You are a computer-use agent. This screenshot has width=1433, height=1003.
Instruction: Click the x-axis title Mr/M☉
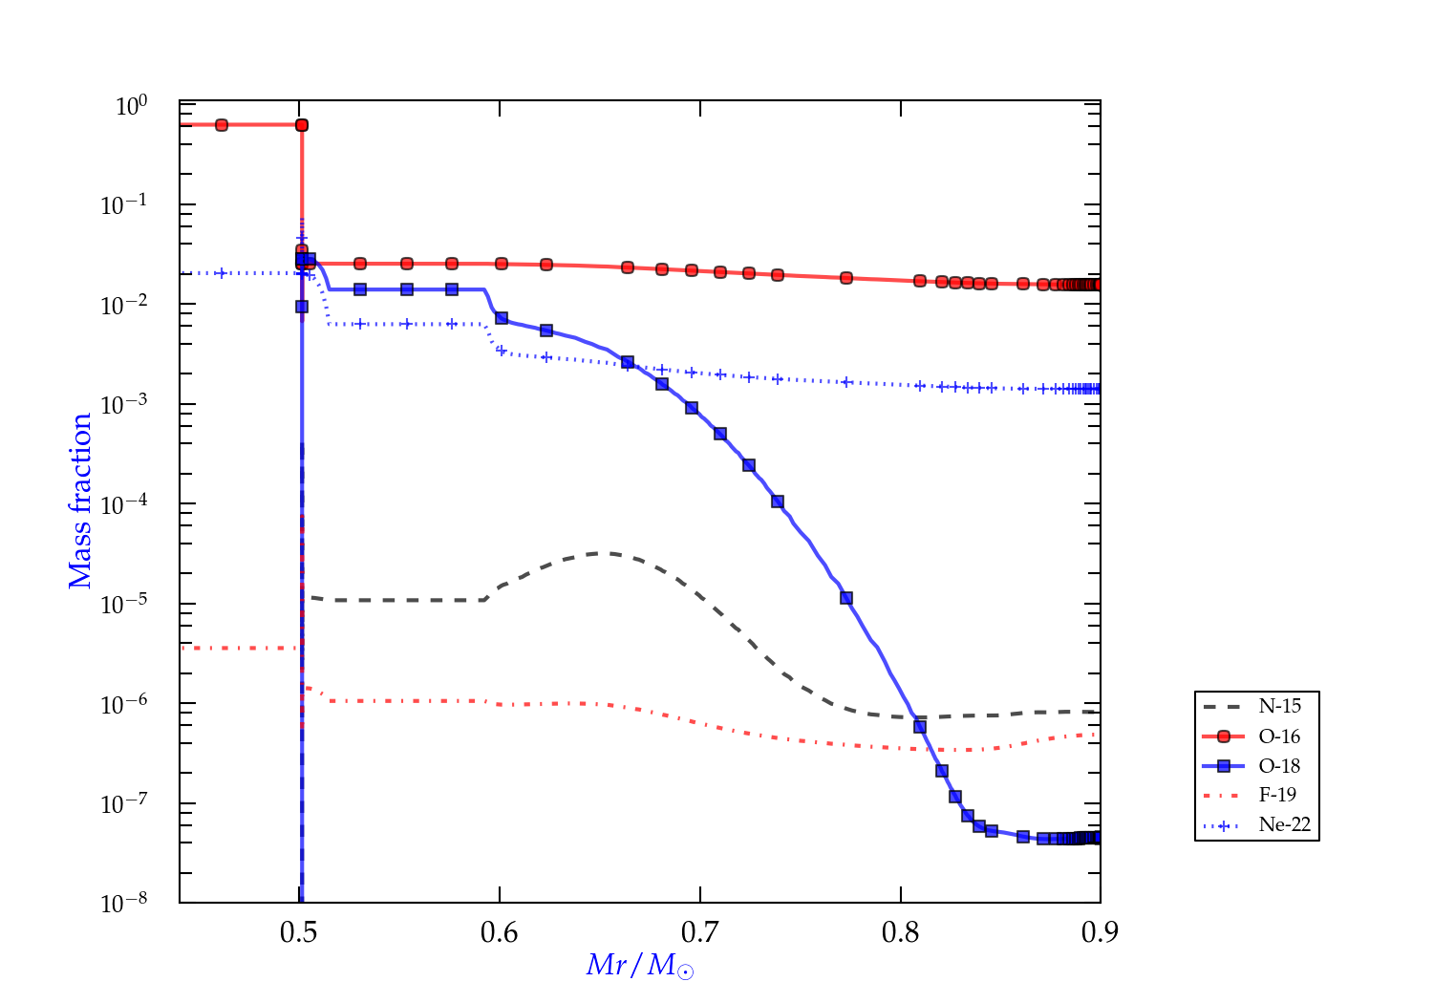[x=640, y=966]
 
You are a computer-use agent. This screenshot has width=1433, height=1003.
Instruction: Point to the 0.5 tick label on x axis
[x=299, y=932]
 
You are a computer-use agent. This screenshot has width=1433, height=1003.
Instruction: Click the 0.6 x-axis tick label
[x=500, y=932]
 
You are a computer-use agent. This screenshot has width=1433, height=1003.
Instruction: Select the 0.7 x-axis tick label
[x=700, y=932]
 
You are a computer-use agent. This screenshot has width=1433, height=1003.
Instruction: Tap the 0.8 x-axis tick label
[x=901, y=932]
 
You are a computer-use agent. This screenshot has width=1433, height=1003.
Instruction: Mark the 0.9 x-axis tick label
[x=1101, y=932]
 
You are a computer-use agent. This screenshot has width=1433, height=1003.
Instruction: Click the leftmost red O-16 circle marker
[x=222, y=125]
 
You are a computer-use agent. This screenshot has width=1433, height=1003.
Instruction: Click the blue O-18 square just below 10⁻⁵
[x=846, y=599]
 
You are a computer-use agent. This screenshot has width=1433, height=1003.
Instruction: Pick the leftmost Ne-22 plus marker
[x=222, y=273]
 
